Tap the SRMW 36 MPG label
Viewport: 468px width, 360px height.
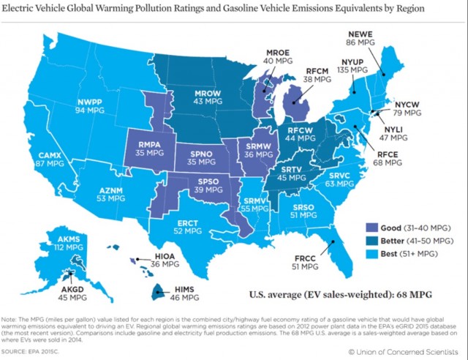click(x=258, y=150)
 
